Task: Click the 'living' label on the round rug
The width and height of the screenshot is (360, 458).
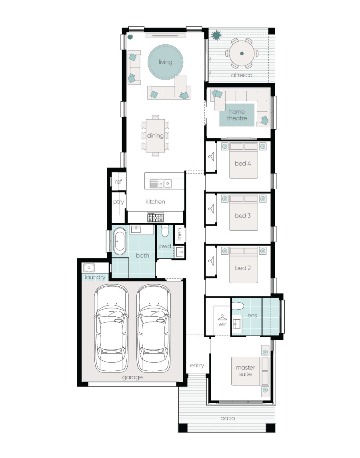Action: [x=165, y=62]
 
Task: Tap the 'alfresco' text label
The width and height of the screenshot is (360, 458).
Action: [x=241, y=75]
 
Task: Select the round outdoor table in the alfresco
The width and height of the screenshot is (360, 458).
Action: [x=242, y=53]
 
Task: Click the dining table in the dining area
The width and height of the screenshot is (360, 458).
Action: [x=155, y=135]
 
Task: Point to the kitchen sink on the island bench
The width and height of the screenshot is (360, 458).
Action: [x=160, y=183]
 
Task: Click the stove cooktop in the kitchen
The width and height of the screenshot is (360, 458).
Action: [x=155, y=217]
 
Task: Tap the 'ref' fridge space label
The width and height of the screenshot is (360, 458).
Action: [x=118, y=182]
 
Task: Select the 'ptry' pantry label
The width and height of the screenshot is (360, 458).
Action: [x=118, y=202]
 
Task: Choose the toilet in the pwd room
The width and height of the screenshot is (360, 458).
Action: [x=164, y=232]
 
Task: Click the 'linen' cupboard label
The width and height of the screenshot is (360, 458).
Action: [x=179, y=235]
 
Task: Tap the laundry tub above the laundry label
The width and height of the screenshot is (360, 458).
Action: [x=88, y=267]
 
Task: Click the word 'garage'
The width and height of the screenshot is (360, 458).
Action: [x=132, y=377]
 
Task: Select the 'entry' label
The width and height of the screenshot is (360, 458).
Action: [x=197, y=365]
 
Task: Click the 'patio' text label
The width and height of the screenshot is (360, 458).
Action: [x=227, y=418]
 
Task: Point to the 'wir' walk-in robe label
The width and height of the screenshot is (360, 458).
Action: [x=222, y=324]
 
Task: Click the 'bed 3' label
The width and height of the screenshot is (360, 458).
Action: [x=243, y=216]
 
